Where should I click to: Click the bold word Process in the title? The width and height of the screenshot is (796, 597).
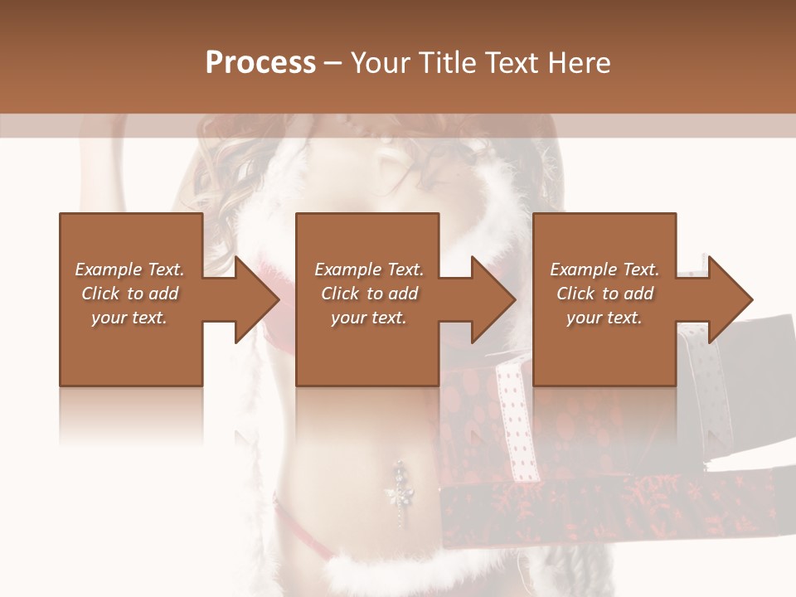tap(260, 63)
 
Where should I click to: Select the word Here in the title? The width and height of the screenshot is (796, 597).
tap(579, 63)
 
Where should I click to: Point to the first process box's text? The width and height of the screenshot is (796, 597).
tap(129, 294)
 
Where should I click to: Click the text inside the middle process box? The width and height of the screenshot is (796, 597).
tap(368, 294)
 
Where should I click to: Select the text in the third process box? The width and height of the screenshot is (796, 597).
tap(604, 294)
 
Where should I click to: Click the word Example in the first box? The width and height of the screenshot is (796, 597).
tap(108, 269)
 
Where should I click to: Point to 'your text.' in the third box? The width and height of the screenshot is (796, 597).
tap(604, 318)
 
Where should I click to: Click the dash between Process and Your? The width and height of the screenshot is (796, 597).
tap(333, 63)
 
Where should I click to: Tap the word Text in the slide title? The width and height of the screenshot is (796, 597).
tap(514, 63)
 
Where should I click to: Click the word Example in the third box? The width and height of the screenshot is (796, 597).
tap(583, 269)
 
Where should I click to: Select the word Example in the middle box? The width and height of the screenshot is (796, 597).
tap(347, 269)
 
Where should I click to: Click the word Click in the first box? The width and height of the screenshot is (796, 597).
tap(101, 294)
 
